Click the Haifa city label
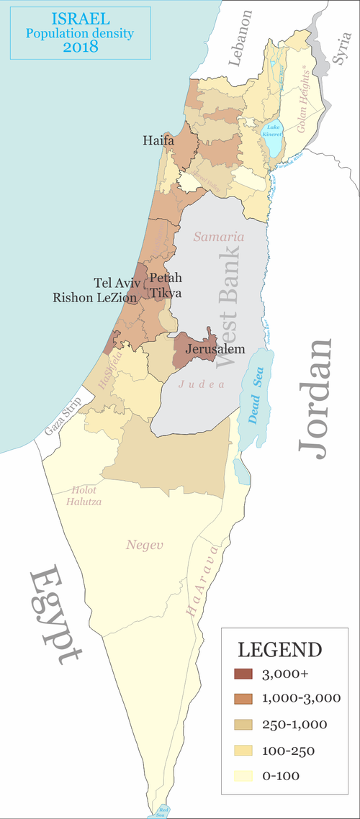[158, 141]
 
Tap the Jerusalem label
[215, 349]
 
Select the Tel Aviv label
[117, 282]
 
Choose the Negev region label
[145, 545]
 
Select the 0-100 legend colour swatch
[244, 775]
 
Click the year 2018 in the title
[79, 47]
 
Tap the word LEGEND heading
[279, 649]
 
